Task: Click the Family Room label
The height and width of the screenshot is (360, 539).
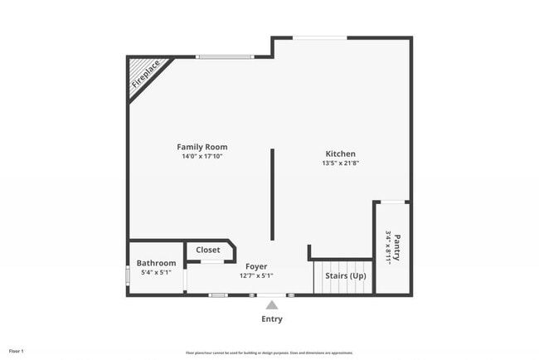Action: coord(202,147)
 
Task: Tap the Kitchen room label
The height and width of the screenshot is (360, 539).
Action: coord(340,153)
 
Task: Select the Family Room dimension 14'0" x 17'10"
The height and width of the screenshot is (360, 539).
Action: coord(202,156)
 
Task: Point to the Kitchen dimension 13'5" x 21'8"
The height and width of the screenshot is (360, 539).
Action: coord(340,163)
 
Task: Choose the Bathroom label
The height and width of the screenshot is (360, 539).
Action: coord(156,263)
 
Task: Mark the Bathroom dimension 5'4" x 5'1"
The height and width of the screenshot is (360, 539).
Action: coord(156,272)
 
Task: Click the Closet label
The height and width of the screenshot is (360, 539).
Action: coord(208,250)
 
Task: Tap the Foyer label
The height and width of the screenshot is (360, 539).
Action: coord(256,266)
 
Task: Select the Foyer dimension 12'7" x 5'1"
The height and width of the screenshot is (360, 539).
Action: coord(256,275)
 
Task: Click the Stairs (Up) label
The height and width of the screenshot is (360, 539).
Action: coord(346,275)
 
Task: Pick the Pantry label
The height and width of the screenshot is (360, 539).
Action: coord(396,246)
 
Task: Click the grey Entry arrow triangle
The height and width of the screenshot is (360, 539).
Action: coord(272,305)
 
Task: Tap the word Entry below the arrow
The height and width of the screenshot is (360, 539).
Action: coord(272,319)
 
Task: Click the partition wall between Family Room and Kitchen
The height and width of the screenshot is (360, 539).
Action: coord(272,195)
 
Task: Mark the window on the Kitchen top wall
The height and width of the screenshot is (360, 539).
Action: coord(320,37)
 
